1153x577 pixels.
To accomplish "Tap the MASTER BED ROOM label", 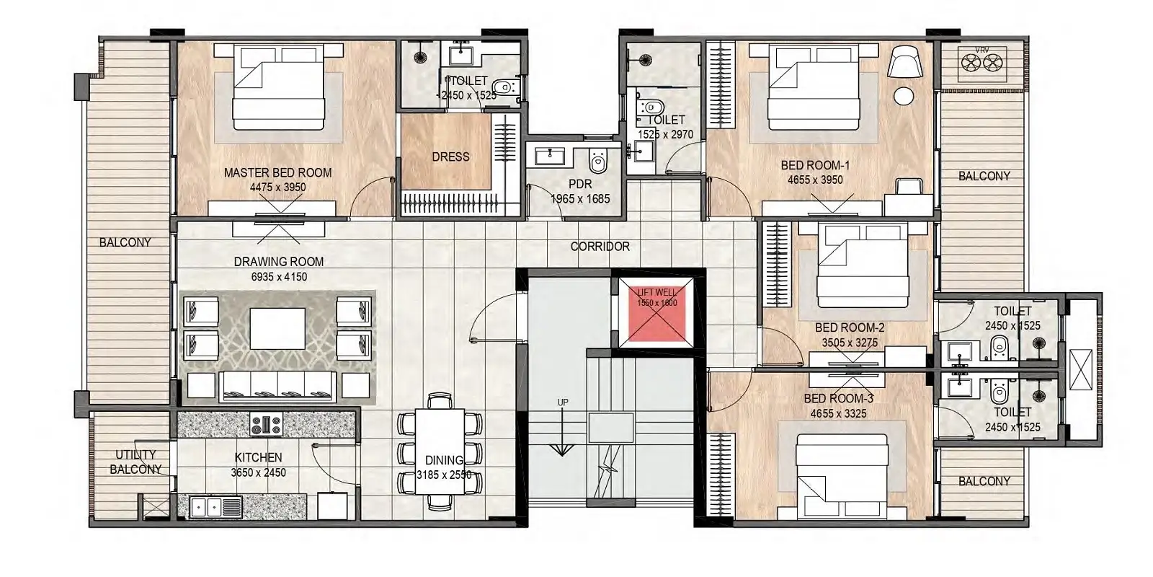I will (277, 173).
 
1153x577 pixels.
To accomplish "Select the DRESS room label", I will (450, 157).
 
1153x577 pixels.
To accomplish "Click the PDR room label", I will (580, 185).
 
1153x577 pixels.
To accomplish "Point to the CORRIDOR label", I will (600, 247).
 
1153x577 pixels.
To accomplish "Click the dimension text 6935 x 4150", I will (279, 276).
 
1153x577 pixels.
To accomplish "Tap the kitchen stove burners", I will (265, 425).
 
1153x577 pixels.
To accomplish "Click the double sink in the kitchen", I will (207, 506).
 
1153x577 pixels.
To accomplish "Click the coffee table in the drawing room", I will (278, 328).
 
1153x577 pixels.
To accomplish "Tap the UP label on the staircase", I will (562, 402).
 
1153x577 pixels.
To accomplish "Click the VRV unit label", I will (981, 50).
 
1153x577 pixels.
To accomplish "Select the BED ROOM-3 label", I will (839, 399).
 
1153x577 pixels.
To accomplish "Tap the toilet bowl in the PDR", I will (597, 158).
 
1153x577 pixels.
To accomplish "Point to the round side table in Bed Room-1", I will (904, 97).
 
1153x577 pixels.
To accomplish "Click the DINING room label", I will (444, 461).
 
